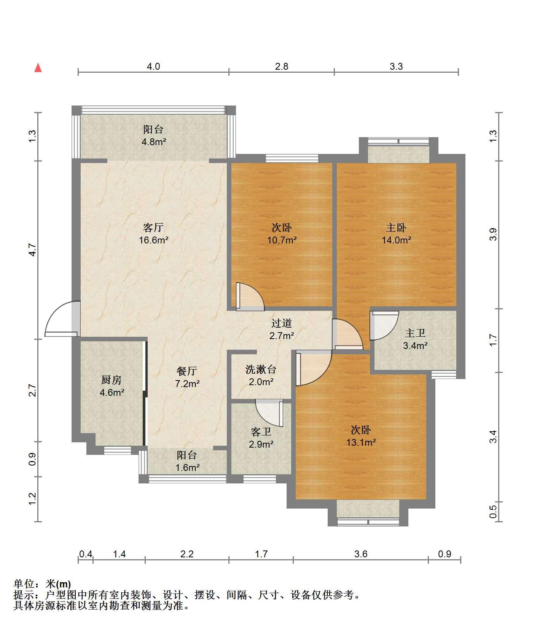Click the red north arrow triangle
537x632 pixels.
pos(38,68)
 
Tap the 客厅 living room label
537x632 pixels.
pos(153,227)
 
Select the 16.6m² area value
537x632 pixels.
pos(154,240)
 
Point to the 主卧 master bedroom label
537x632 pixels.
pos(396,227)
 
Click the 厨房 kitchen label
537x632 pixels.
pos(112,379)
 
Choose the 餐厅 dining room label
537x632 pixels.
pos(187,371)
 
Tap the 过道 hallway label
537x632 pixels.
pos(282,323)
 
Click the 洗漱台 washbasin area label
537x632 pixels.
pos(261,369)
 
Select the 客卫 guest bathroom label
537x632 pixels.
pos(261,432)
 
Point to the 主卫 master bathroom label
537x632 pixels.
pos(415,333)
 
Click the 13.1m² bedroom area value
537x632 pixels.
pos(361,443)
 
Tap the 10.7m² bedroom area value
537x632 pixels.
pos(282,240)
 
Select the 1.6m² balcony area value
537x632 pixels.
pos(187,467)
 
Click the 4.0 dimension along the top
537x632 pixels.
pos(153,66)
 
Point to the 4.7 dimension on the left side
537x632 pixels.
pos(32,250)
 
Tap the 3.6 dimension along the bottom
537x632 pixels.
pos(361,554)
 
